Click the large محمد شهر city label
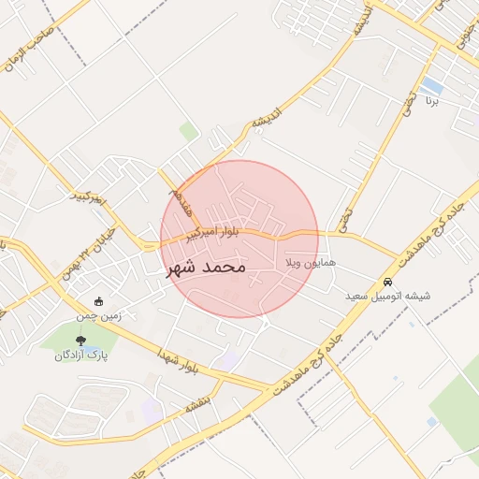tap(206, 267)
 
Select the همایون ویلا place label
tap(298, 265)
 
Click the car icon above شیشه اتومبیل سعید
tap(387, 283)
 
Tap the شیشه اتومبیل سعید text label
tap(387, 297)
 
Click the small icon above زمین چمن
tap(99, 301)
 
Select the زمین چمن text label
tap(99, 316)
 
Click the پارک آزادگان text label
tap(80, 356)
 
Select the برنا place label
tap(431, 99)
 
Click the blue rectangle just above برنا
tap(431, 85)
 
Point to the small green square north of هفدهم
tap(189, 132)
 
